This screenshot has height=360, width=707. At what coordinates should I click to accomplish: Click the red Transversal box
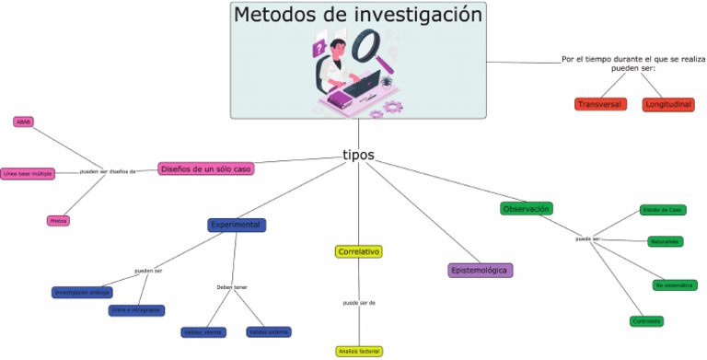(x=598, y=104)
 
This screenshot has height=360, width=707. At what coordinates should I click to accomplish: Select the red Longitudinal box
(x=668, y=104)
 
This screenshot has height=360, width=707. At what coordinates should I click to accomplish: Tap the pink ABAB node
(x=24, y=122)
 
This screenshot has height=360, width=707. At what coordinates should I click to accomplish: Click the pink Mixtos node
(x=59, y=221)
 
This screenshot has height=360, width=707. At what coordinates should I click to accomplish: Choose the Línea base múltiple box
(x=28, y=172)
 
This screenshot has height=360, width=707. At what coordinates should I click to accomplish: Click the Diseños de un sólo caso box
(x=205, y=168)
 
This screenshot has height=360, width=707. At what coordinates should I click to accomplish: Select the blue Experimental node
(x=237, y=225)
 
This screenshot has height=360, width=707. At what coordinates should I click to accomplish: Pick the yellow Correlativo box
(x=359, y=251)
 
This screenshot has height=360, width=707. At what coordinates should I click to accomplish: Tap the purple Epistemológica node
(x=480, y=270)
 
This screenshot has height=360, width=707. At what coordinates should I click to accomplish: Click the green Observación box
(x=527, y=208)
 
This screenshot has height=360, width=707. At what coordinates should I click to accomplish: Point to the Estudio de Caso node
(x=663, y=210)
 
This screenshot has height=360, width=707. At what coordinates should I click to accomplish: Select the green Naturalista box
(x=665, y=241)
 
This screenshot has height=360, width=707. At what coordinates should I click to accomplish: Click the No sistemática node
(x=675, y=285)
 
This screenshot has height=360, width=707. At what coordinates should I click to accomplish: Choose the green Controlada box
(x=647, y=320)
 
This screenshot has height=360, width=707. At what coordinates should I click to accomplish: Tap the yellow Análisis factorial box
(x=358, y=351)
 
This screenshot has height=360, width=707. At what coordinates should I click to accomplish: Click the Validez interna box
(x=203, y=331)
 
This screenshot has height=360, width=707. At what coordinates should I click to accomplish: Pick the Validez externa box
(x=269, y=331)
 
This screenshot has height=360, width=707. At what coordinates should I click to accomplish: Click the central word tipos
(x=358, y=155)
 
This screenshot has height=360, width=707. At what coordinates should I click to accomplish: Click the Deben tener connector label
(x=232, y=287)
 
